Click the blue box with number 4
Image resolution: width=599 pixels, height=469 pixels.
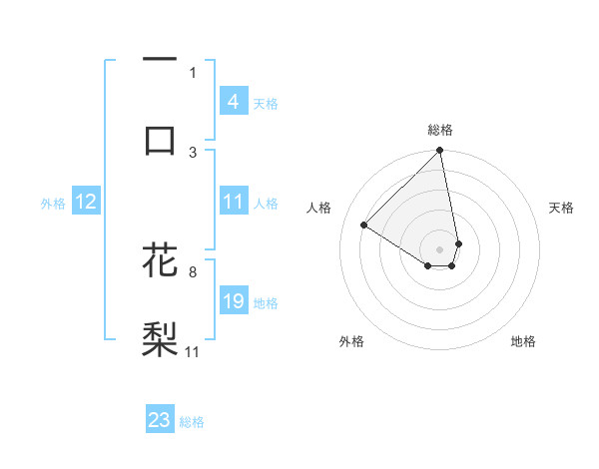pos(233,102)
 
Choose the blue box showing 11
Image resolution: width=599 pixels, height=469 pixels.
pos(233,202)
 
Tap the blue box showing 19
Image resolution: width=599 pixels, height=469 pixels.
pos(233,301)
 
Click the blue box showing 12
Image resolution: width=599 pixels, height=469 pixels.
pos(86,202)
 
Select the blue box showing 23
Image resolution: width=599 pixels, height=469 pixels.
pos(160,420)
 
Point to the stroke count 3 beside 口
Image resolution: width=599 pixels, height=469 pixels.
pos(193,152)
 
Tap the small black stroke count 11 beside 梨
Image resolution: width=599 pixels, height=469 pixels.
pos(193,351)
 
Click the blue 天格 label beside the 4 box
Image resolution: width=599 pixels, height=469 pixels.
pos(266,103)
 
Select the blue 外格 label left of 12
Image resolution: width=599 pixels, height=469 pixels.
pos(53,203)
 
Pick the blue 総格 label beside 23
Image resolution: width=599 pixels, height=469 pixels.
pos(192,421)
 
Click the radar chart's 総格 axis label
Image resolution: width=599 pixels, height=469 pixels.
pos(439,130)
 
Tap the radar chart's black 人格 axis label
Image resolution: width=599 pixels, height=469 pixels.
pos(320,208)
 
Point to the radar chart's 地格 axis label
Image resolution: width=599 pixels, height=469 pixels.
pos(523,341)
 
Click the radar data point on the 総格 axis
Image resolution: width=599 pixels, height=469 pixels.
pos(439,152)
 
